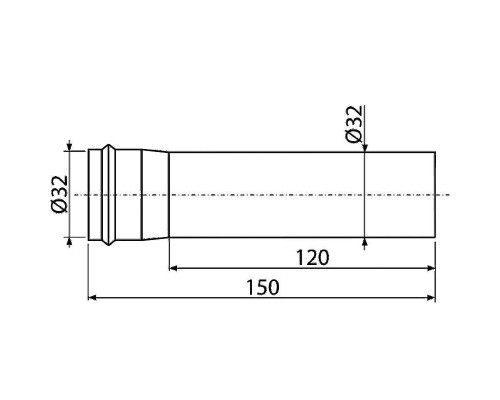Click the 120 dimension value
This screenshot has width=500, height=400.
click(x=312, y=258)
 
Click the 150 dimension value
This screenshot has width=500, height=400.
click(x=262, y=287)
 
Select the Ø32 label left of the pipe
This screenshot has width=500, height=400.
click(x=60, y=194)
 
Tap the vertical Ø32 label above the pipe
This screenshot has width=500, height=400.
click(x=354, y=124)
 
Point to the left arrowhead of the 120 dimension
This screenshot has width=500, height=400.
click(x=173, y=268)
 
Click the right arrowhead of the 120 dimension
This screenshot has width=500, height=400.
click(x=431, y=268)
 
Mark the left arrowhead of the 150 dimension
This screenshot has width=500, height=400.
click(x=92, y=297)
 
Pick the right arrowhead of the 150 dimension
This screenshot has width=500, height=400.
click(x=431, y=297)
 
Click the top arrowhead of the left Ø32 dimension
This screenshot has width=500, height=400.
click(x=69, y=147)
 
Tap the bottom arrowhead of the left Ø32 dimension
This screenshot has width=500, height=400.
click(x=69, y=241)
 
